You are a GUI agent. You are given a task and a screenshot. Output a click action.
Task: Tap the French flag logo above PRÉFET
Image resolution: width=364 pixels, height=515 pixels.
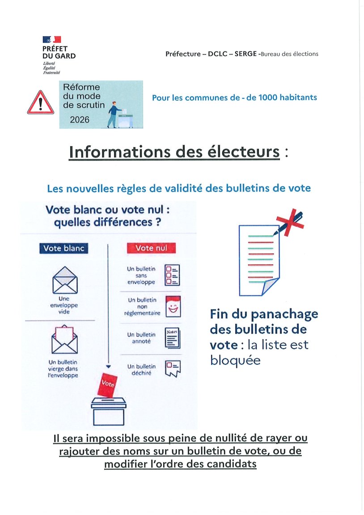pyautogui.click(x=52, y=40)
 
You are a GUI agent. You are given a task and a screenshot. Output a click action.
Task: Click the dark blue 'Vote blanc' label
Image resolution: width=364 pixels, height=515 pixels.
pyautogui.click(x=63, y=249)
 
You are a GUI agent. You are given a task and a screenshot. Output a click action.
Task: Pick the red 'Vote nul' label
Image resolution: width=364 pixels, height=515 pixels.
pyautogui.click(x=151, y=248)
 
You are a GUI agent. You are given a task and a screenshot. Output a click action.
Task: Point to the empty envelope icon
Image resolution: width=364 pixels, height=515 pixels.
pyautogui.click(x=65, y=279)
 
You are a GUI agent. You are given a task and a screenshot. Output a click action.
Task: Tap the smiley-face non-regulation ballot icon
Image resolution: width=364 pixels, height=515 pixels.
pyautogui.click(x=173, y=306)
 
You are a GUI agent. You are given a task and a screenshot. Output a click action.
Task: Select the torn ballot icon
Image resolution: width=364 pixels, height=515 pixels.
pyautogui.click(x=173, y=368)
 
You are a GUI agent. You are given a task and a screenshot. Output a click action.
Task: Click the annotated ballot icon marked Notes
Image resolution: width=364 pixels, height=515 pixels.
pyautogui.click(x=173, y=338)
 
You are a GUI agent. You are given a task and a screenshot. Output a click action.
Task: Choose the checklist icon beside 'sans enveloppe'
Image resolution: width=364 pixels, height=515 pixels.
pyautogui.click(x=173, y=274)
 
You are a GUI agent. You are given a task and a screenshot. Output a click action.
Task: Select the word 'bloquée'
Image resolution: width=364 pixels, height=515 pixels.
pyautogui.click(x=235, y=360)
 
